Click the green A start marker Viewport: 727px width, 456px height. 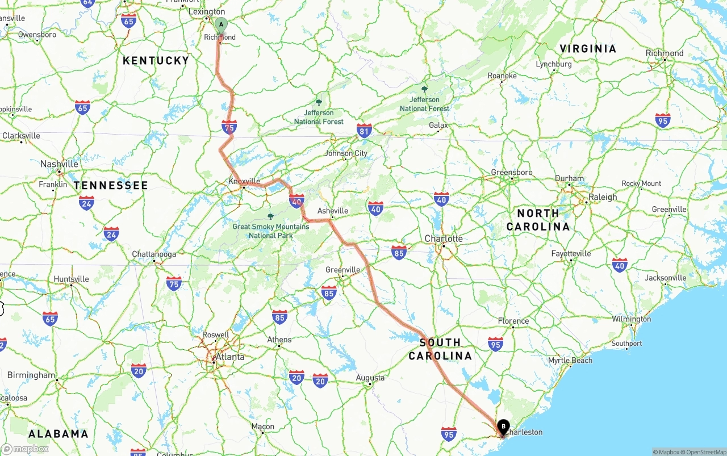pyautogui.click(x=221, y=25)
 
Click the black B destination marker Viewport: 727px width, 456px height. pyautogui.click(x=503, y=426)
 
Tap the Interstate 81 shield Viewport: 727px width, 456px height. pyautogui.click(x=364, y=131)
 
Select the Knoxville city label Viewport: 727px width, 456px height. pyautogui.click(x=244, y=181)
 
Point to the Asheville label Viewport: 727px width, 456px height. pyautogui.click(x=333, y=211)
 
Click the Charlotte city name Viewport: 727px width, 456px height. pyautogui.click(x=444, y=239)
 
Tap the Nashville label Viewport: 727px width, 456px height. pyautogui.click(x=59, y=164)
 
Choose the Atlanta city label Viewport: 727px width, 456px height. pyautogui.click(x=230, y=357)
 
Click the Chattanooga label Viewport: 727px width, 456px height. pyautogui.click(x=154, y=254)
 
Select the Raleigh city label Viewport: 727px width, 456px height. pyautogui.click(x=603, y=197)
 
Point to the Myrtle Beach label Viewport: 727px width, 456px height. pyautogui.click(x=570, y=361)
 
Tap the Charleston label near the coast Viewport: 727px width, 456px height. pyautogui.click(x=524, y=432)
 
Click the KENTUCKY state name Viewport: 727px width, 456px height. pyautogui.click(x=156, y=60)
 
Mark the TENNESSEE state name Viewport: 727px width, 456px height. pyautogui.click(x=111, y=185)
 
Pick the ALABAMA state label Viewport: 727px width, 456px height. pyautogui.click(x=59, y=434)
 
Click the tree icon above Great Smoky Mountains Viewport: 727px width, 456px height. pyautogui.click(x=270, y=216)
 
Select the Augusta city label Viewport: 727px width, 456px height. pyautogui.click(x=370, y=378)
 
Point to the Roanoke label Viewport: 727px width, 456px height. pyautogui.click(x=502, y=76)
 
